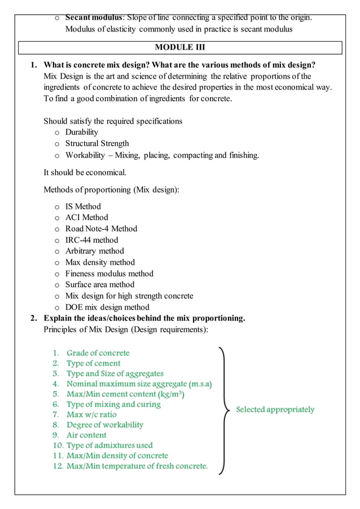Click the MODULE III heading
[x=180, y=47]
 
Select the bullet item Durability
[x=81, y=132]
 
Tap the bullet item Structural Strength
[x=96, y=143]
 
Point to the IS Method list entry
[x=83, y=206]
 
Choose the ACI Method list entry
[x=86, y=217]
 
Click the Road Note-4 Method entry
[x=101, y=229]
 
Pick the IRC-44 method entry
[x=91, y=240]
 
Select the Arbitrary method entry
[x=94, y=251]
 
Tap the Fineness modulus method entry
[x=109, y=274]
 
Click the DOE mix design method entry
[x=107, y=308]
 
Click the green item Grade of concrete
[x=98, y=353]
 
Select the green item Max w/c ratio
[x=91, y=415]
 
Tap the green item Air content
[x=86, y=435]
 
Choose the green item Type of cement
[x=93, y=363]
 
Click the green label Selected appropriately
[x=275, y=410]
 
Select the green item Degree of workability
[x=104, y=425]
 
